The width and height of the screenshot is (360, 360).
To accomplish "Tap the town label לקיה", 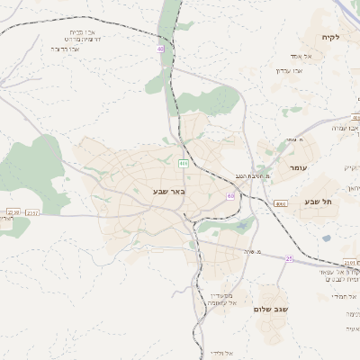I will click(327, 37).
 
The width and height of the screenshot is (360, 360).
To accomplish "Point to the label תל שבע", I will click(318, 202).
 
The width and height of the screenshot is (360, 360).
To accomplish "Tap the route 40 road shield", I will click(161, 48).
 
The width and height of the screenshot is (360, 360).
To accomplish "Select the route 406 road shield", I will click(183, 163).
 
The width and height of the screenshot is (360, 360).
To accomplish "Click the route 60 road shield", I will click(231, 194).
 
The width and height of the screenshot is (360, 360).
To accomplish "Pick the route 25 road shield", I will click(289, 258).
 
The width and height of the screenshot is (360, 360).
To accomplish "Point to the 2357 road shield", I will click(32, 213).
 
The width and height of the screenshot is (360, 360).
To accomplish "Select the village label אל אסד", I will click(289, 55).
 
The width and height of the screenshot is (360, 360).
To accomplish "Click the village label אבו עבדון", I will click(291, 69).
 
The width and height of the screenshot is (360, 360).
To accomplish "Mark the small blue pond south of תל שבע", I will click(326, 238).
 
